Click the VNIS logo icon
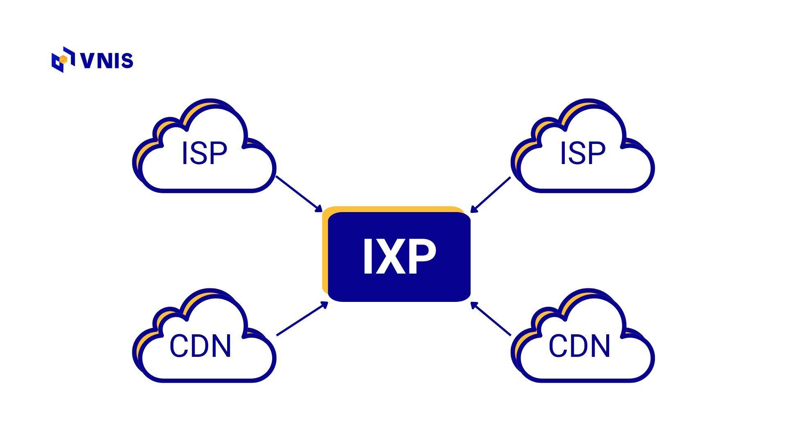[63, 60]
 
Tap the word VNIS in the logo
[107, 60]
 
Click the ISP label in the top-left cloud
[204, 153]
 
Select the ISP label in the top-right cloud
[582, 153]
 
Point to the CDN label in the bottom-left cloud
[200, 346]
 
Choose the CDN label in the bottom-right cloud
[579, 346]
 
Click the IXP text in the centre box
[399, 257]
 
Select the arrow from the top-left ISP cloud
[298, 194]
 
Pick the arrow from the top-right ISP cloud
[491, 194]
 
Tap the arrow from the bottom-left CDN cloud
[302, 319]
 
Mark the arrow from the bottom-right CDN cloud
[491, 319]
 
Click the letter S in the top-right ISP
[583, 153]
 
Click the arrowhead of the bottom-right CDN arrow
[473, 304]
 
